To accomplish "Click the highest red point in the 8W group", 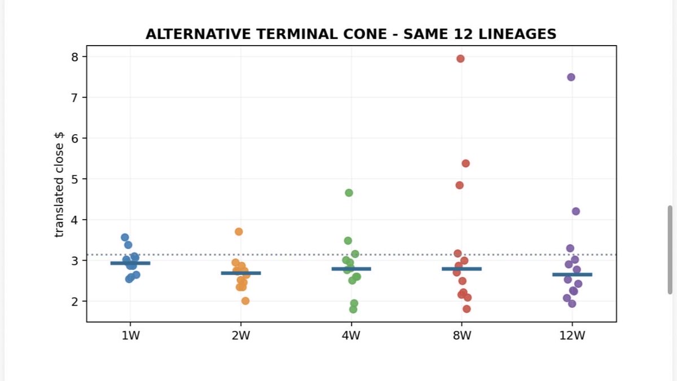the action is pyautogui.click(x=460, y=59).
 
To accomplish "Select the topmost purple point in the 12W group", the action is pyautogui.click(x=571, y=77).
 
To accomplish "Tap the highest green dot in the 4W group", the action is pyautogui.click(x=349, y=193).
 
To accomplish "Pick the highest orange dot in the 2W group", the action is pyautogui.click(x=239, y=232).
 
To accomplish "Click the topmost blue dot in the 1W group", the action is pyautogui.click(x=125, y=237).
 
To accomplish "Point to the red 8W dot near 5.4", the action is pyautogui.click(x=466, y=163).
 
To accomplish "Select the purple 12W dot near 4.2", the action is pyautogui.click(x=576, y=211).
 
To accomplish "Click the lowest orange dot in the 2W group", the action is pyautogui.click(x=245, y=301).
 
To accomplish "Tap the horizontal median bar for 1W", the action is pyautogui.click(x=130, y=263).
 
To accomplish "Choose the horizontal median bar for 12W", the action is pyautogui.click(x=572, y=274).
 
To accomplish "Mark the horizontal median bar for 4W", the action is pyautogui.click(x=351, y=269).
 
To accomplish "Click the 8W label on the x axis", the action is pyautogui.click(x=462, y=335).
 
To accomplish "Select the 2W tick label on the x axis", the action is pyautogui.click(x=241, y=335).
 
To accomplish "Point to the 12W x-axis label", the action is pyautogui.click(x=572, y=335).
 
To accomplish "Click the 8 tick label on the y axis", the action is pyautogui.click(x=74, y=57).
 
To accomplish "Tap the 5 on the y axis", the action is pyautogui.click(x=74, y=179).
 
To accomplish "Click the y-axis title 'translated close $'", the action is pyautogui.click(x=59, y=185).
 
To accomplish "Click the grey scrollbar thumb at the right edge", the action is pyautogui.click(x=670, y=250).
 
